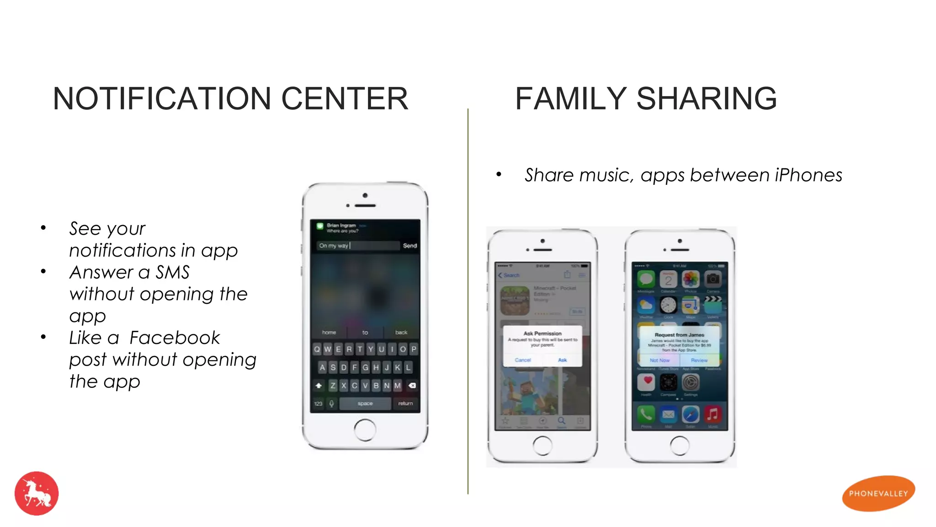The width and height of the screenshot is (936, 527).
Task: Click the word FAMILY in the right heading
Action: (570, 99)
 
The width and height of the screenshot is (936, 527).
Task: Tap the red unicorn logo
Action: (37, 494)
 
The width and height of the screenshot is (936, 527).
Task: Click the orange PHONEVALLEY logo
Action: (878, 494)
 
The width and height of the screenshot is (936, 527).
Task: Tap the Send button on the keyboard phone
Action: (409, 246)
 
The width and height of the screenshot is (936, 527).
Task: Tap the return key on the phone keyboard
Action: (405, 403)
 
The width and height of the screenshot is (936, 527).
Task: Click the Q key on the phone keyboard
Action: (317, 350)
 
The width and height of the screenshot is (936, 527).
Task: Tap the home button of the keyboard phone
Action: (365, 430)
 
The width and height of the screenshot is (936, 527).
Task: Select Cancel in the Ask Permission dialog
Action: (523, 360)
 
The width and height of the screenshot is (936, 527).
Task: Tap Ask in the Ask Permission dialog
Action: (563, 360)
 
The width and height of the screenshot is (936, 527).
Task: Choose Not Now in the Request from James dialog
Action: (659, 360)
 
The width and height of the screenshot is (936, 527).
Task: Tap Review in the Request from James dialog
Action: (699, 360)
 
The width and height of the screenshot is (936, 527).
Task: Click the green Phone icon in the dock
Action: (646, 414)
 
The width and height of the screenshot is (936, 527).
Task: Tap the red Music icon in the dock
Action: (713, 414)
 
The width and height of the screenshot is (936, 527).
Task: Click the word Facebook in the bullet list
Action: (175, 338)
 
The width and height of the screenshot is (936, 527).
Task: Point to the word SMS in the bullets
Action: (173, 273)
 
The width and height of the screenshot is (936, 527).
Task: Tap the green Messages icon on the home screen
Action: (646, 279)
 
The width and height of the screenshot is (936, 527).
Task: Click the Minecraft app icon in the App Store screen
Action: (515, 300)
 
